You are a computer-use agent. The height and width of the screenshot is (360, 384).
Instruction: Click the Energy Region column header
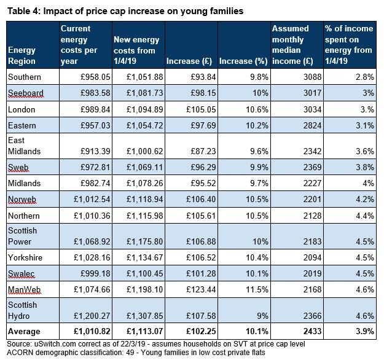click(x=22, y=55)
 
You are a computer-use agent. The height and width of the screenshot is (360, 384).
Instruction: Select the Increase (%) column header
click(x=243, y=61)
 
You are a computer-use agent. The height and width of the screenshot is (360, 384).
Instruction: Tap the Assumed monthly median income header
click(x=292, y=45)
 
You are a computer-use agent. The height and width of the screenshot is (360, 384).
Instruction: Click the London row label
click(x=22, y=109)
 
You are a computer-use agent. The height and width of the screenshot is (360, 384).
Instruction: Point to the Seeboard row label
click(x=26, y=93)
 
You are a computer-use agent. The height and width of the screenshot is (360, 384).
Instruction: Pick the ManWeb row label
click(x=24, y=290)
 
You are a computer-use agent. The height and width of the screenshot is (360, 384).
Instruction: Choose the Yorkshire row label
click(x=25, y=257)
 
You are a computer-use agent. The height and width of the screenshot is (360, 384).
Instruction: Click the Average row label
click(x=24, y=331)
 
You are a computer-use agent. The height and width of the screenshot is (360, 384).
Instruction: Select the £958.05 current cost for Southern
click(x=95, y=77)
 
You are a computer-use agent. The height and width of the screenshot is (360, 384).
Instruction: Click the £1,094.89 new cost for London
click(x=145, y=109)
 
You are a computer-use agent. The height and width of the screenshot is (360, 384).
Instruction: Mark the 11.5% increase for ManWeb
click(x=257, y=290)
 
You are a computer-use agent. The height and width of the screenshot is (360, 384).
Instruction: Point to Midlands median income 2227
click(x=313, y=184)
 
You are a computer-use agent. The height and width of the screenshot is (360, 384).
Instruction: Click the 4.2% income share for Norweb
click(x=365, y=199)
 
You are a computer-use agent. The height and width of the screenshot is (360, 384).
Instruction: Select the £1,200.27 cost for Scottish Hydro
click(x=92, y=316)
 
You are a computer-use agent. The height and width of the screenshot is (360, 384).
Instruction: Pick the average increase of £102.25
click(x=201, y=331)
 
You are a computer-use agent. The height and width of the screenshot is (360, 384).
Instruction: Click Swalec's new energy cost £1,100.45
click(x=145, y=273)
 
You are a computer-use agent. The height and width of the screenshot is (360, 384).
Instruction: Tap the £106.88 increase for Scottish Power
click(x=201, y=241)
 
